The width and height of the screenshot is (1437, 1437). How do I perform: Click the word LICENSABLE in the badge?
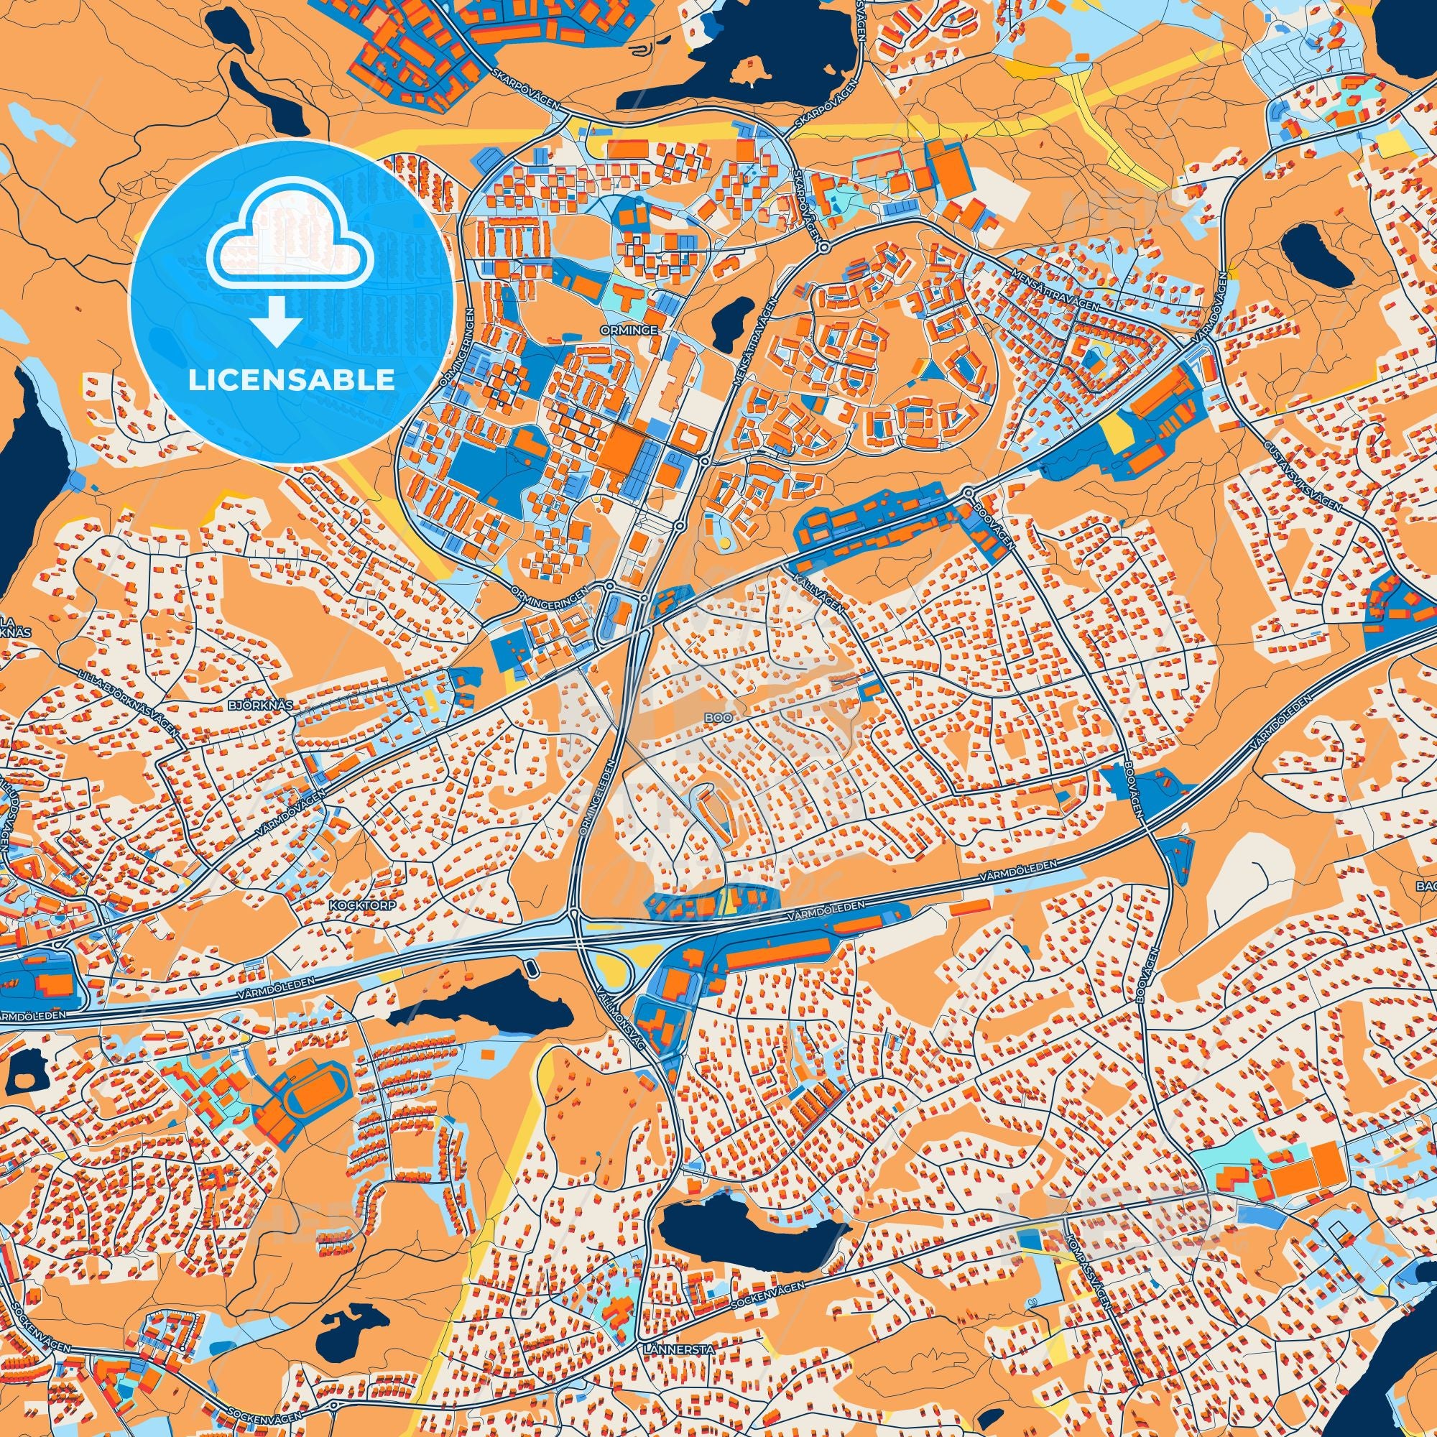291,381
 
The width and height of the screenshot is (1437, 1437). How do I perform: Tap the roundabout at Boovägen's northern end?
969,493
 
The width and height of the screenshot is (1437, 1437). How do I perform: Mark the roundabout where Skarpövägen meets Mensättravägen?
827,246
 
